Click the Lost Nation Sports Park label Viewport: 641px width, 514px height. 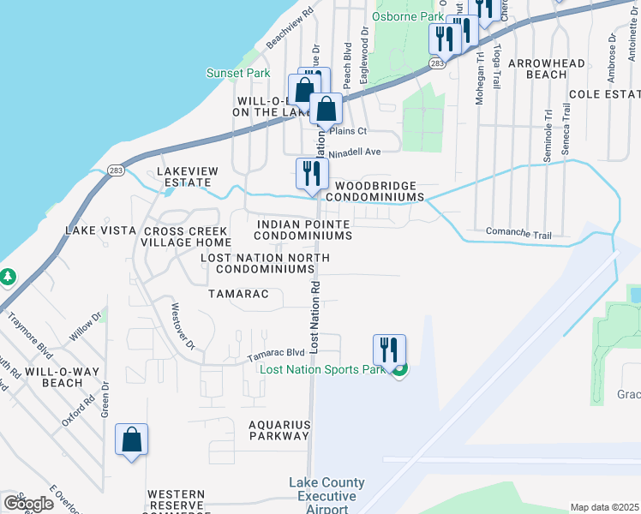pos(323,369)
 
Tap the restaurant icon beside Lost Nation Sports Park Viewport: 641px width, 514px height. pos(389,350)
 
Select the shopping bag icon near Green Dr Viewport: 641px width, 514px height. pos(132,439)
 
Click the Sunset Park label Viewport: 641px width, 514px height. pos(238,74)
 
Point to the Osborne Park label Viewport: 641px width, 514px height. pos(409,16)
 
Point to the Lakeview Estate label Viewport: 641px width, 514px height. pos(183,177)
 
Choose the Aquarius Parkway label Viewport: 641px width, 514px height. pos(279,430)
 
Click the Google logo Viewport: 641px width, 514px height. pos(28,504)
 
